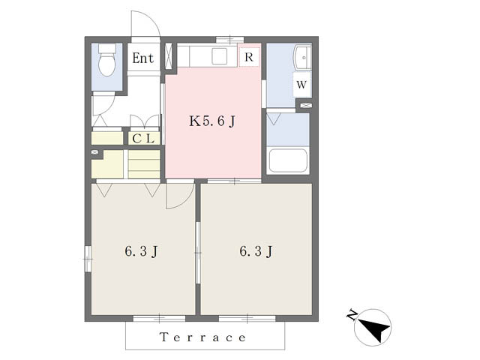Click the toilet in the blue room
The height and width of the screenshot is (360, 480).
(x=106, y=60)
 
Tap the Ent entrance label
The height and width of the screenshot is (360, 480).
(x=142, y=58)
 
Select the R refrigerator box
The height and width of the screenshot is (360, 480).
(x=249, y=57)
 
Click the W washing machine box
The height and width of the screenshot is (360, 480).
(x=301, y=85)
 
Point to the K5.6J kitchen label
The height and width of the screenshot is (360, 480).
(x=212, y=121)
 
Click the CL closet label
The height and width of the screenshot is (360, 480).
(x=143, y=139)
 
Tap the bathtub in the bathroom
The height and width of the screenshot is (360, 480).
(x=288, y=160)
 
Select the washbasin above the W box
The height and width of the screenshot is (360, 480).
(x=302, y=58)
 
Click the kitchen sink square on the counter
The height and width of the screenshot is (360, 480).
(x=220, y=56)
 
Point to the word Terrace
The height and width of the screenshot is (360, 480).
(x=203, y=337)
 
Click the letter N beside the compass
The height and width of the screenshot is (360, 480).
(x=352, y=315)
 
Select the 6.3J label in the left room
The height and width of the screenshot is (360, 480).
(x=141, y=251)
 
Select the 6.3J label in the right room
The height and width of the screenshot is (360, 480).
(x=256, y=251)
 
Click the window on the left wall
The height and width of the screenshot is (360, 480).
(x=88, y=259)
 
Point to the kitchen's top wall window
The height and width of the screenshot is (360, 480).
(x=230, y=39)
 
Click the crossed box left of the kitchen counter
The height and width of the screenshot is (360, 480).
(x=169, y=57)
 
